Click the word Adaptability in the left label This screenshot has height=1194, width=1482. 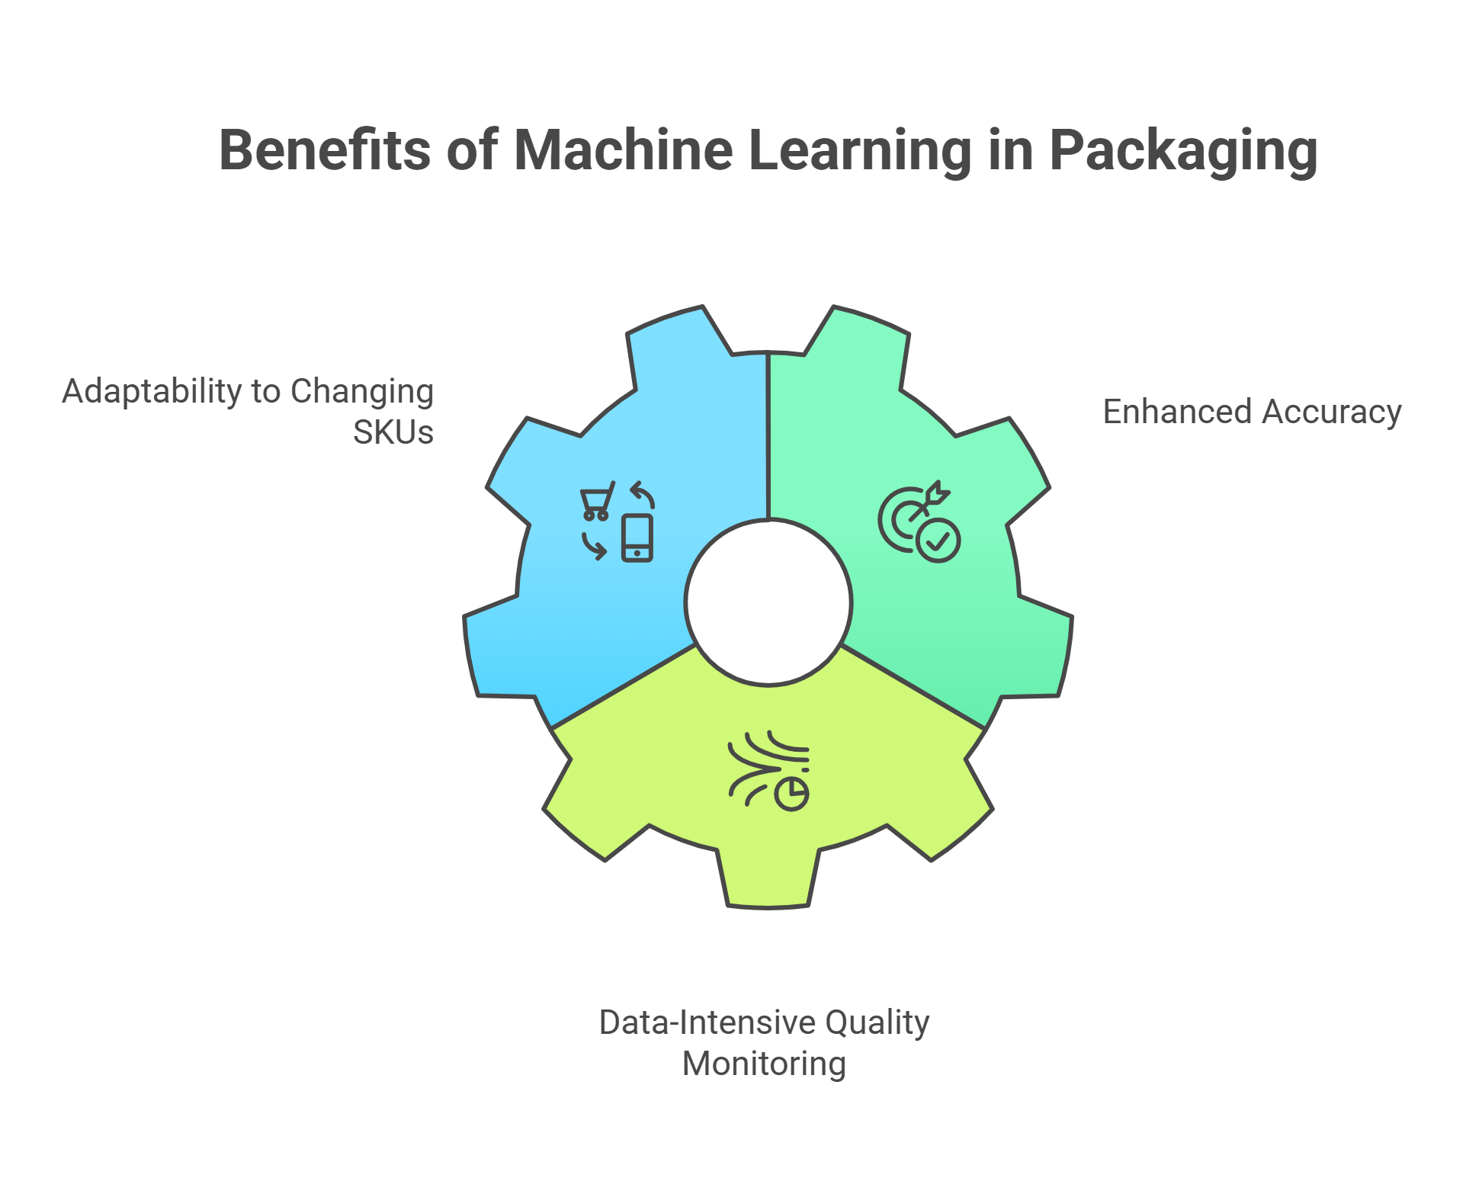pyautogui.click(x=152, y=392)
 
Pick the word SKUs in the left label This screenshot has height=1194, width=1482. pyautogui.click(x=393, y=432)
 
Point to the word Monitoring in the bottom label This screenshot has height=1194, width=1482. pyautogui.click(x=764, y=1064)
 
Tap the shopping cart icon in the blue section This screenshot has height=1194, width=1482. pyautogui.click(x=597, y=500)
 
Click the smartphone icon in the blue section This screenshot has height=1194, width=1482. pyautogui.click(x=637, y=538)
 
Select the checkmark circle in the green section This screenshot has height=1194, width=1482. pyautogui.click(x=938, y=541)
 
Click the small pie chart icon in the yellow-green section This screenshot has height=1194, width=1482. pyautogui.click(x=792, y=794)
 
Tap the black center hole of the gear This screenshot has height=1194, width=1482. pyautogui.click(x=768, y=602)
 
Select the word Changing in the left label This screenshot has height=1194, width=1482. pyautogui.click(x=361, y=392)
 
